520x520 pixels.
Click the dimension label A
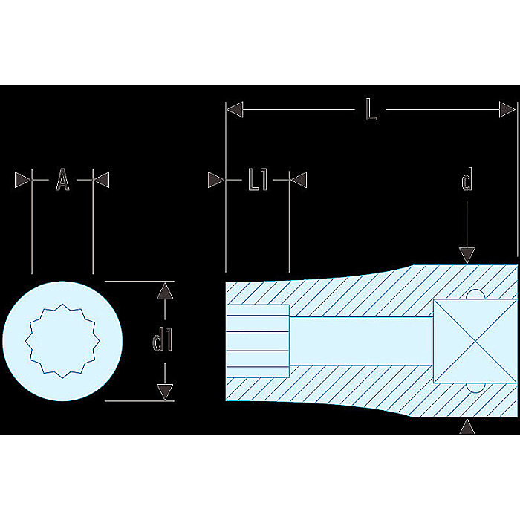coord(62,180)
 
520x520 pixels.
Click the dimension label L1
coord(258,180)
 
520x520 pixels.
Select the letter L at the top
coord(371,110)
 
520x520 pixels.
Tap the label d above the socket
coord(467,180)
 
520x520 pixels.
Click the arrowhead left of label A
coord(23,180)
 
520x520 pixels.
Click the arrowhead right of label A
coord(101,180)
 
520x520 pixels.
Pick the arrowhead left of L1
coord(216,180)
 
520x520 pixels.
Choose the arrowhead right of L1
coord(299,180)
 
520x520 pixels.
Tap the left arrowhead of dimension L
coord(235,109)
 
